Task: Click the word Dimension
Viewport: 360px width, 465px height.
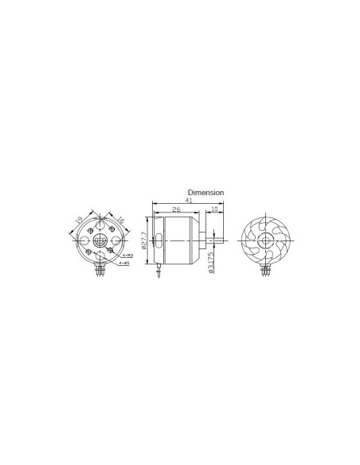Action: [206, 193]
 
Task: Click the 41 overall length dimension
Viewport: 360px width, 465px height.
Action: [188, 201]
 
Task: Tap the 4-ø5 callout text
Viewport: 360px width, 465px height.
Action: [124, 262]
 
